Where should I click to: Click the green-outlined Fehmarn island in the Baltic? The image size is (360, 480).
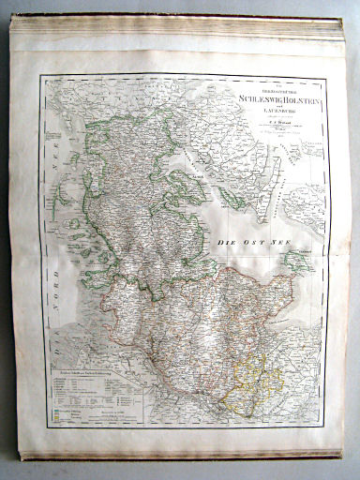coord(297,262)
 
